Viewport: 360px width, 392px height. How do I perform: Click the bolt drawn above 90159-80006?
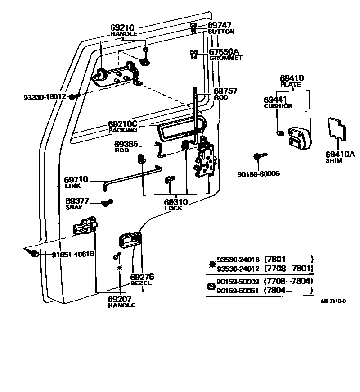(x=260, y=156)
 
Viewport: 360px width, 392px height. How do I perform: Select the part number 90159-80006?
(x=258, y=173)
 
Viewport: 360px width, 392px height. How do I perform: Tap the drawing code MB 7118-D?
(x=333, y=301)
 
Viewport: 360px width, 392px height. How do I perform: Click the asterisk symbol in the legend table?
(x=210, y=264)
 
